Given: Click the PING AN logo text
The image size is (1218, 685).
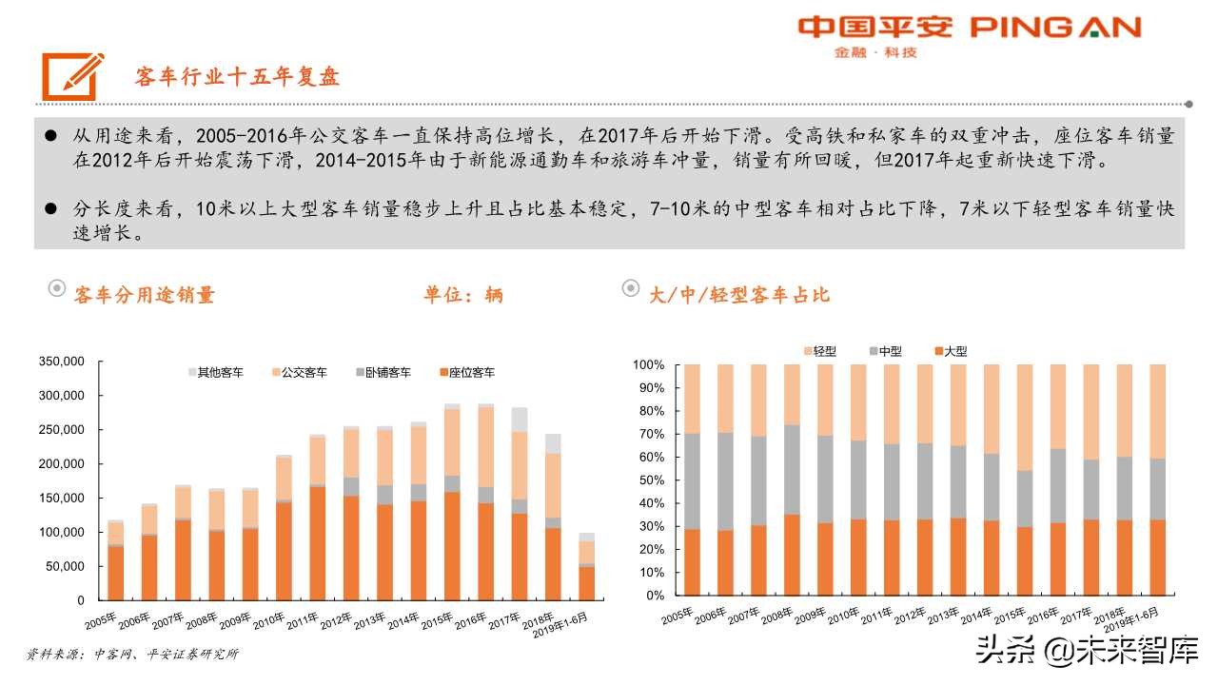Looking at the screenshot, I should pos(1055,28).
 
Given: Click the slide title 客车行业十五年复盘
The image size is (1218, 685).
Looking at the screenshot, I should pos(238,77).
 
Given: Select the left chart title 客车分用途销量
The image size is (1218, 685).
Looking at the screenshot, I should pos(145,295).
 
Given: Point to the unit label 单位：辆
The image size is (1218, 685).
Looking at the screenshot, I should pos(463,295).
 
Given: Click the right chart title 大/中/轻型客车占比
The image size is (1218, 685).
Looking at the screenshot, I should pos(739,295).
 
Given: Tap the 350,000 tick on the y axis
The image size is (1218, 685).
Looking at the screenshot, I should pos(62,362).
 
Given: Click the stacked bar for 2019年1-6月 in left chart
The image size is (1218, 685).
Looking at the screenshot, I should pos(586,567).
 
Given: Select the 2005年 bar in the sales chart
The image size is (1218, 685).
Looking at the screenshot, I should pos(115,561).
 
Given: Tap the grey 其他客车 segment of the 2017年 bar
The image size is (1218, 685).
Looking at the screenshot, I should pos(520,420).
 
